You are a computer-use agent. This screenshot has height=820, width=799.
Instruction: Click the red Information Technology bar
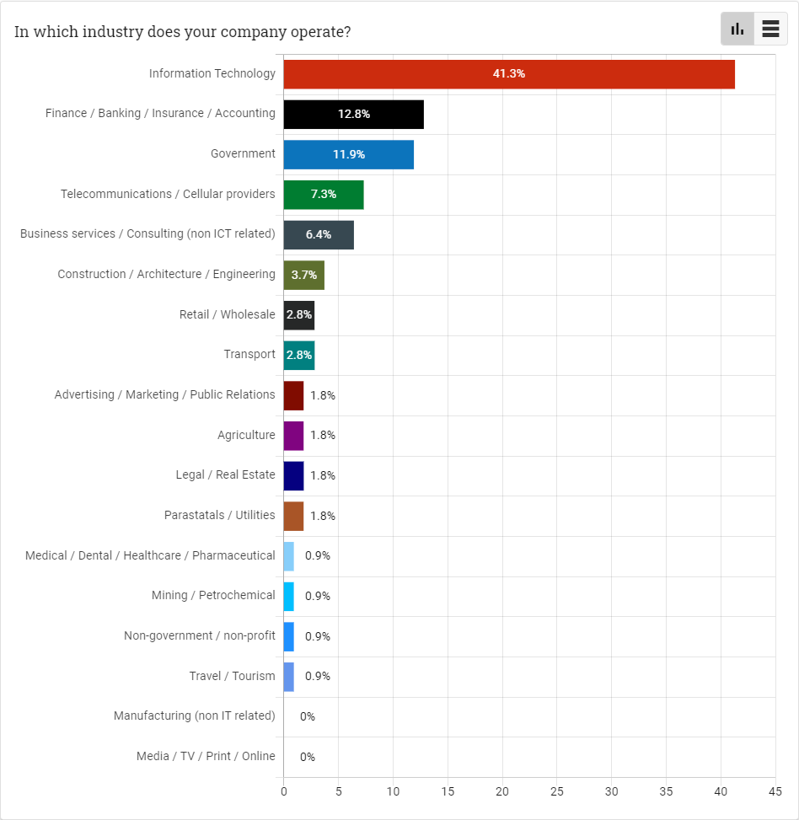[509, 74]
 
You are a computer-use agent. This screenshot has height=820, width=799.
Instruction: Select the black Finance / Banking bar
[353, 114]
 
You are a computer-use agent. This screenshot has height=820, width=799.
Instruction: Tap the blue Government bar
[348, 154]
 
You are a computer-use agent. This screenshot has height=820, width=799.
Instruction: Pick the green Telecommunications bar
[323, 195]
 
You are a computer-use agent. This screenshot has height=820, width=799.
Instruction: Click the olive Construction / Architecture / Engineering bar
[303, 275]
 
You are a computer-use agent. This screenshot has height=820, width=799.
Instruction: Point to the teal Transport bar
[299, 355]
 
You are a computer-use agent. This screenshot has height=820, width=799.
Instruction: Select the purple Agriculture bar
[293, 436]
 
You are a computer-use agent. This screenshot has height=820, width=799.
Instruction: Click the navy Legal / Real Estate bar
[293, 475]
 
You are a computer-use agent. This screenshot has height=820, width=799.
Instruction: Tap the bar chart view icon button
[737, 29]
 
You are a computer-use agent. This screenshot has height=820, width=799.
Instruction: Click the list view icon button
[770, 29]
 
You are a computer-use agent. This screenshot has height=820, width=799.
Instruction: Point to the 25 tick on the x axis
[557, 791]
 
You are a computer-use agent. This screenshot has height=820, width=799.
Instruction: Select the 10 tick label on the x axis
[393, 791]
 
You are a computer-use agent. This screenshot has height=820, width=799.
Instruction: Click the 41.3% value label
[509, 74]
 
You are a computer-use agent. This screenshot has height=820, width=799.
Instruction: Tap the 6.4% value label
[319, 234]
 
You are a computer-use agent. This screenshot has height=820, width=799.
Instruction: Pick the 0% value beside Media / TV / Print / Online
[308, 757]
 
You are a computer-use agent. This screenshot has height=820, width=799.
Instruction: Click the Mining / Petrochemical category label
[213, 596]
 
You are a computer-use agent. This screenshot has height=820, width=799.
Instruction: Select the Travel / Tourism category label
[232, 676]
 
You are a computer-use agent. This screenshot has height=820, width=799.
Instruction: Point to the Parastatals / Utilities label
[220, 515]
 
